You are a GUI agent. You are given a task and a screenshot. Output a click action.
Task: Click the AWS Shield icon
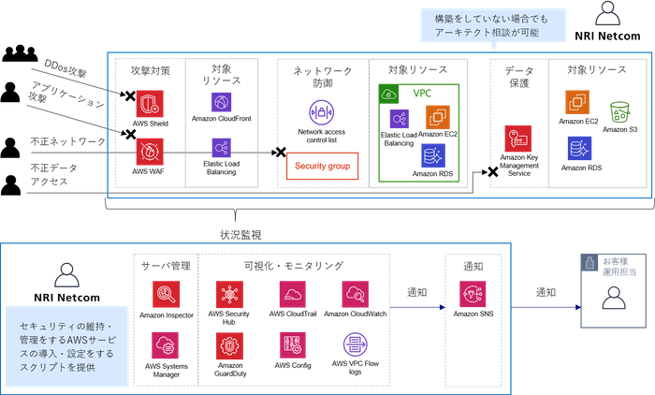[x=150, y=104]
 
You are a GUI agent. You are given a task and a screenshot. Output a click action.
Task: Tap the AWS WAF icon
[x=150, y=152]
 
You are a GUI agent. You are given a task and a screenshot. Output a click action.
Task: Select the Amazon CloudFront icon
[x=222, y=102]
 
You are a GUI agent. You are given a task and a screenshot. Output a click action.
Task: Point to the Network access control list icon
[x=321, y=112]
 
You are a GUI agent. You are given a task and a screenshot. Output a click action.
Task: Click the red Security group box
[x=322, y=166]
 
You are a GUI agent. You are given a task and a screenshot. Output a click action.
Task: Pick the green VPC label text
[x=422, y=94]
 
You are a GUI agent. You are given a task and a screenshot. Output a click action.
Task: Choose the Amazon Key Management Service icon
[x=518, y=139]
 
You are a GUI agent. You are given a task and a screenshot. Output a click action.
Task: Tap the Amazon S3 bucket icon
[x=619, y=112]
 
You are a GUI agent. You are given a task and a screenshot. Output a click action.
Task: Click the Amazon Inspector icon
[x=166, y=294]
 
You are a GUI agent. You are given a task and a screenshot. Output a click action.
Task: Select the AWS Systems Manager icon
[x=165, y=345]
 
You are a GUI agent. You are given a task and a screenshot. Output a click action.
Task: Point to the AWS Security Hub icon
[x=229, y=294]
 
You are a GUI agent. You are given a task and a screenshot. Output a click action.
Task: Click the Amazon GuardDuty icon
[x=229, y=345]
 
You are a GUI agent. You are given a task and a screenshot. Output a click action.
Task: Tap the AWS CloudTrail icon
[x=292, y=294]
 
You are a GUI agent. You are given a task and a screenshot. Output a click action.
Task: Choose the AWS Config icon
[x=292, y=345]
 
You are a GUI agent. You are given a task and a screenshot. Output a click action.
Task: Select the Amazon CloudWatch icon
[x=355, y=294]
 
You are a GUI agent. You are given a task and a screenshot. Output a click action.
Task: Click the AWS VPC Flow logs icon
[x=355, y=344]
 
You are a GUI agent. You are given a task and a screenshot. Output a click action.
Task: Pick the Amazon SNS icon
[x=473, y=294]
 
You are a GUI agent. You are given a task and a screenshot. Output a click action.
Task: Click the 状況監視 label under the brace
[x=240, y=235]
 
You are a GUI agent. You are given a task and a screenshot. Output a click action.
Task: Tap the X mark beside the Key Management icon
[x=492, y=172]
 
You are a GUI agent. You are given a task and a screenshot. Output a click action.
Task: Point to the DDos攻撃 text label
[x=65, y=68]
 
